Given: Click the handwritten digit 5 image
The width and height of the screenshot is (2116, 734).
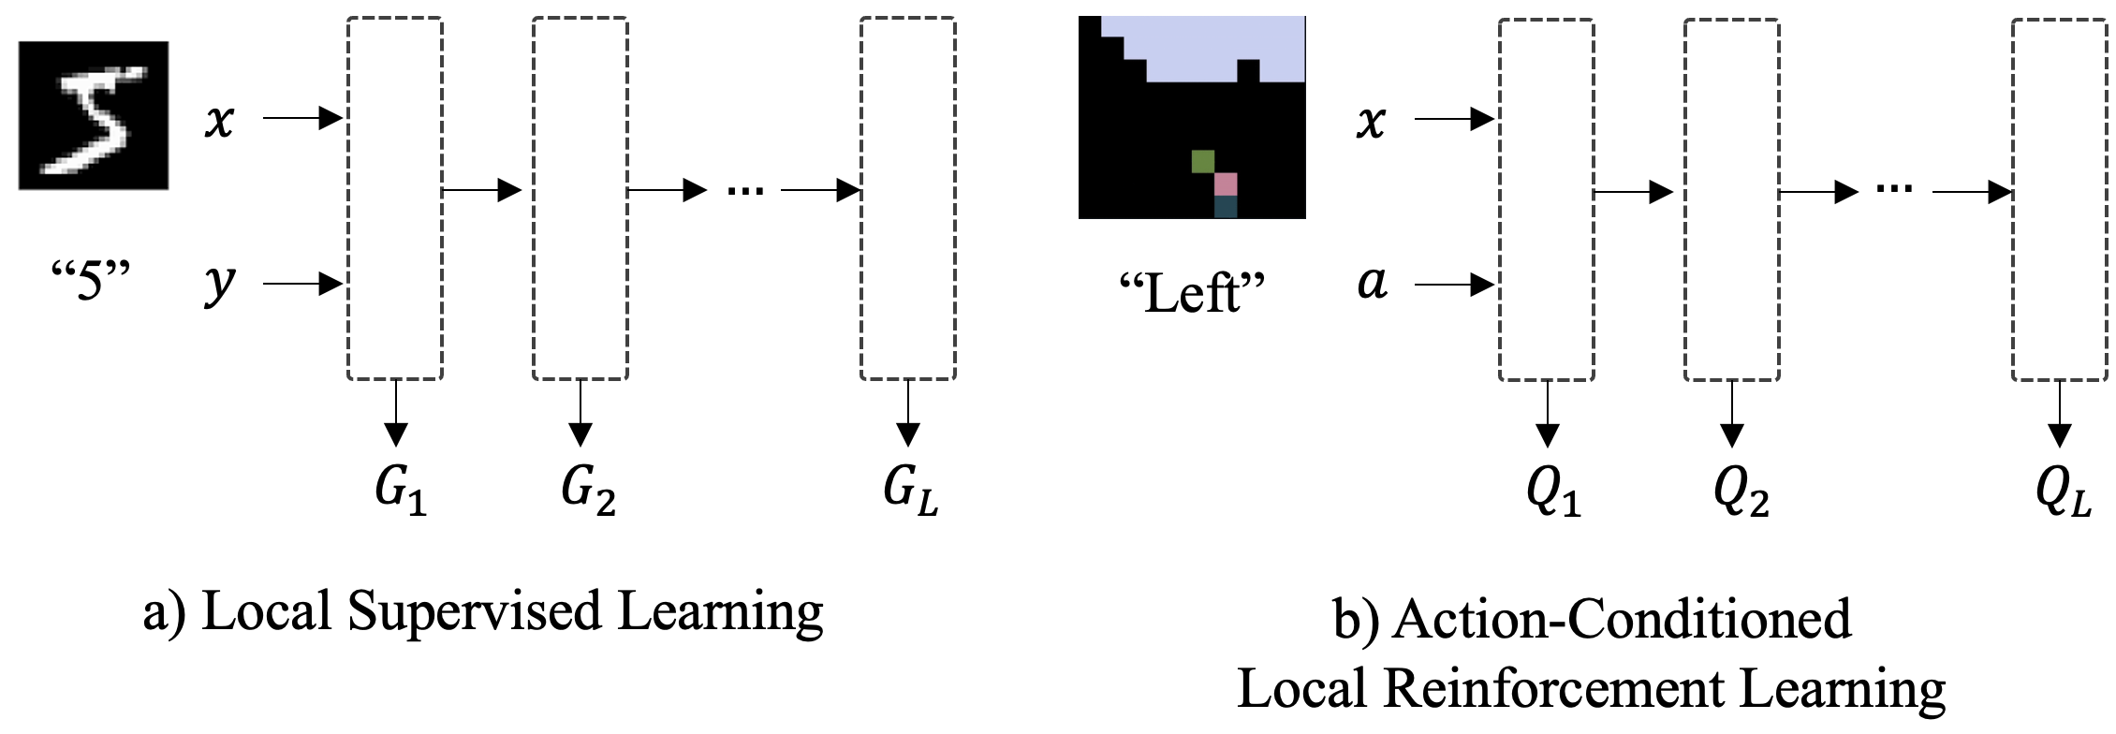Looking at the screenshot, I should (x=94, y=115).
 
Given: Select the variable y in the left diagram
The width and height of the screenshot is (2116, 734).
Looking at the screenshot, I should (x=220, y=283).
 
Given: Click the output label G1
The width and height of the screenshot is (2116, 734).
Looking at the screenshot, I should (x=401, y=489).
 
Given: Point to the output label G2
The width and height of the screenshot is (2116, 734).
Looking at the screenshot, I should (x=588, y=489).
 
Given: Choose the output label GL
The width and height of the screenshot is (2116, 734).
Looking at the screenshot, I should (x=910, y=489).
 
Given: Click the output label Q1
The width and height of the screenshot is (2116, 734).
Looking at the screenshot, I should (x=1552, y=491).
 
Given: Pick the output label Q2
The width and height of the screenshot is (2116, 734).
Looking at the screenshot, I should (x=1740, y=491).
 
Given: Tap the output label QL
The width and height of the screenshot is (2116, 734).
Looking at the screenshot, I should (x=2063, y=491).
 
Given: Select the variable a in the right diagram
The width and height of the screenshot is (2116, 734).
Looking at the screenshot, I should (x=1373, y=282).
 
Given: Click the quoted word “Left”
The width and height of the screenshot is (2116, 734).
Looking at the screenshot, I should (x=1192, y=293).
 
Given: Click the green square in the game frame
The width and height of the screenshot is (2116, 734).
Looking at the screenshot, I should (x=1203, y=161).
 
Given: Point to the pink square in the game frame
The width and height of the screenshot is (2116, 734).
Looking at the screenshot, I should (x=1226, y=183).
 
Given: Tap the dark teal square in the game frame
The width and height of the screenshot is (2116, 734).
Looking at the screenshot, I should (x=1226, y=207).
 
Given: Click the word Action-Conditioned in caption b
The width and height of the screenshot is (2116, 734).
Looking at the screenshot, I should (x=1621, y=620).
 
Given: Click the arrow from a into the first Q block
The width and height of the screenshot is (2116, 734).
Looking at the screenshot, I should (x=1454, y=284).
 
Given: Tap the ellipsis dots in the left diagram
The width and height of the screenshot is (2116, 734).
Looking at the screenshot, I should (x=745, y=191).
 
